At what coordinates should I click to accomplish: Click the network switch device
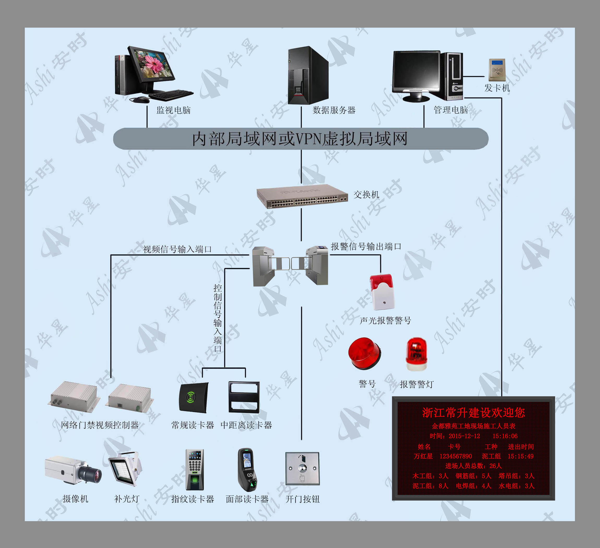(x=302, y=196)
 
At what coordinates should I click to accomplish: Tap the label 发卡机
(x=497, y=88)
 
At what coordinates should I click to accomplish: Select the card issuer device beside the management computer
(x=497, y=70)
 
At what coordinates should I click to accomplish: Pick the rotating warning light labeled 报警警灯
(x=416, y=354)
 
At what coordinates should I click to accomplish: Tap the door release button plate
(x=302, y=469)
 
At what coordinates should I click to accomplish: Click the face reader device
(x=247, y=470)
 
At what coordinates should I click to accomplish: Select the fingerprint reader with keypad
(x=195, y=470)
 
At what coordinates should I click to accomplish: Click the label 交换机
(x=366, y=195)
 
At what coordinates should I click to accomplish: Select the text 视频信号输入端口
(x=177, y=249)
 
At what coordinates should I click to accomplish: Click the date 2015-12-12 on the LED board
(x=464, y=436)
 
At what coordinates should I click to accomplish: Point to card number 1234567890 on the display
(x=456, y=456)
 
